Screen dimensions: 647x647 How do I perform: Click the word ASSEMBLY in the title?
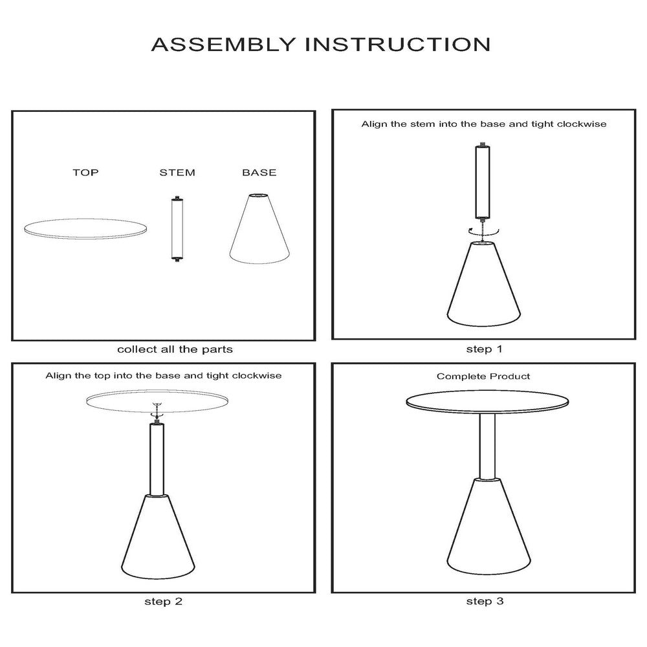point(224,45)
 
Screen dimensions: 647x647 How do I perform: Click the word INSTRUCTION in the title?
point(398,45)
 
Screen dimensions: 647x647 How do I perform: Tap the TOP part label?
point(86,173)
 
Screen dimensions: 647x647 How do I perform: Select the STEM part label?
point(177,173)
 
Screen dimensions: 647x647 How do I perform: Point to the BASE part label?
point(259,173)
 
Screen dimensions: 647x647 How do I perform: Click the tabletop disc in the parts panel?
point(85,228)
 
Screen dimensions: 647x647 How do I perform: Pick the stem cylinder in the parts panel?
point(177,229)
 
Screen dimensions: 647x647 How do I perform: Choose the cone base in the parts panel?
point(259,228)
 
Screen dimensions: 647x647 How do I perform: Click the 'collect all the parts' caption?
point(175,349)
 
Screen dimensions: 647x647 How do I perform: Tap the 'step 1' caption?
point(485,349)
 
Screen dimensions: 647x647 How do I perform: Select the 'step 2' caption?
point(164,602)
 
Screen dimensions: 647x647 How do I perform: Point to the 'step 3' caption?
point(485,601)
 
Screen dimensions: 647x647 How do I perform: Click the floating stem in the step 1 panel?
point(483,182)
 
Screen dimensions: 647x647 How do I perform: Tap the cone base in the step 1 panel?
point(483,284)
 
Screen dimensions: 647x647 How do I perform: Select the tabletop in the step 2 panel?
point(157,400)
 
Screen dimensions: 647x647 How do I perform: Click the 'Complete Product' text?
point(483,377)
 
